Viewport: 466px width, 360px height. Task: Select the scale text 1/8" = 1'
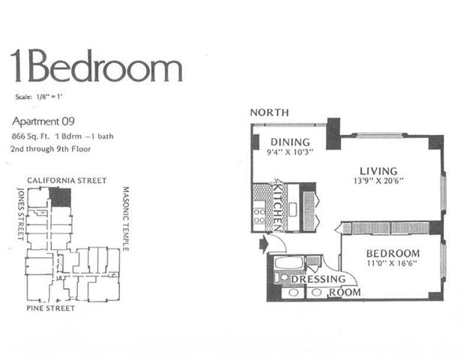coord(42,97)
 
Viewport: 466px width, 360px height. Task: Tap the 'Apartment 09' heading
coord(44,121)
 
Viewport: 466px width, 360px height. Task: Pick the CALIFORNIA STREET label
coord(67,181)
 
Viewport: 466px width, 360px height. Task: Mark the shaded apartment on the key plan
coord(60,197)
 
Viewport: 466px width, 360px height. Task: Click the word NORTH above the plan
coord(269,112)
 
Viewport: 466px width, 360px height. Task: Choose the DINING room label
coord(285,142)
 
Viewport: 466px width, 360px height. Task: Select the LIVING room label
coord(378,171)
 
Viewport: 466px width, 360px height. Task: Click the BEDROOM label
coord(393,253)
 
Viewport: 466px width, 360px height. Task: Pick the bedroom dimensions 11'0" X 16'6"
coord(393,265)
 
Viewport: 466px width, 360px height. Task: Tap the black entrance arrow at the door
coord(262,243)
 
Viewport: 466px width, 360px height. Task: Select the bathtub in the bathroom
coord(288,262)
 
